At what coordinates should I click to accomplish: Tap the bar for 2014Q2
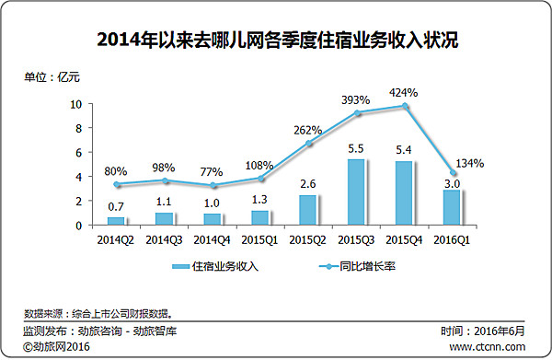(x=116, y=221)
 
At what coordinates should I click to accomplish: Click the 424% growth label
(x=404, y=92)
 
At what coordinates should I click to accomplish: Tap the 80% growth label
(x=116, y=170)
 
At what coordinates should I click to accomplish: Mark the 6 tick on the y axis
(x=80, y=153)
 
